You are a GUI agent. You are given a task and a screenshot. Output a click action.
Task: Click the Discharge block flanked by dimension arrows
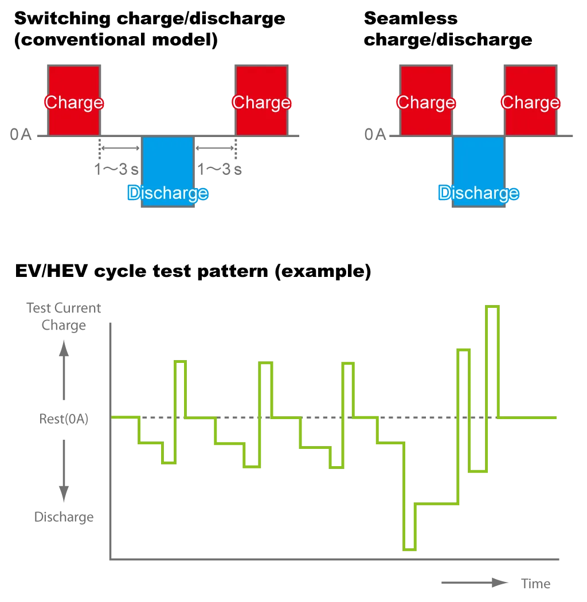(167, 172)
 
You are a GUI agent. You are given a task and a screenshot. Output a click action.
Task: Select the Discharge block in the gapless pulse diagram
(478, 172)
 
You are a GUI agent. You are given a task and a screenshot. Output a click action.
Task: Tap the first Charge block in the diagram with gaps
(73, 101)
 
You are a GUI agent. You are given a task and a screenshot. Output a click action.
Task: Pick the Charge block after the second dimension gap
(261, 101)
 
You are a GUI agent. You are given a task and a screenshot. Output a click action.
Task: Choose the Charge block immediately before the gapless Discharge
(426, 101)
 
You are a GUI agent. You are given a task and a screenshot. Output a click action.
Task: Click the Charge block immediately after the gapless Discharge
(530, 101)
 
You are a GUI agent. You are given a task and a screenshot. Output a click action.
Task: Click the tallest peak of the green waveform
(492, 307)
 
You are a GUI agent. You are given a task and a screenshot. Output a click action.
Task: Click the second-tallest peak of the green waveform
(463, 348)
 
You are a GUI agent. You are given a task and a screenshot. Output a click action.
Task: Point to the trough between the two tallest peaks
(478, 471)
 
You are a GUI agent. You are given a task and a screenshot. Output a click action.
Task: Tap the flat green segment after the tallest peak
(527, 418)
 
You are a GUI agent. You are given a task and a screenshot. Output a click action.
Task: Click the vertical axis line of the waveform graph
(111, 441)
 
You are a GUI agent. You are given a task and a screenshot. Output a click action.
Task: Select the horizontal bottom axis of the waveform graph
(332, 559)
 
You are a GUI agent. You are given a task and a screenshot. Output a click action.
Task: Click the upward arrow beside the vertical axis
(64, 367)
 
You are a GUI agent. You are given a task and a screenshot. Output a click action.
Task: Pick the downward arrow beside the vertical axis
(64, 470)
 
